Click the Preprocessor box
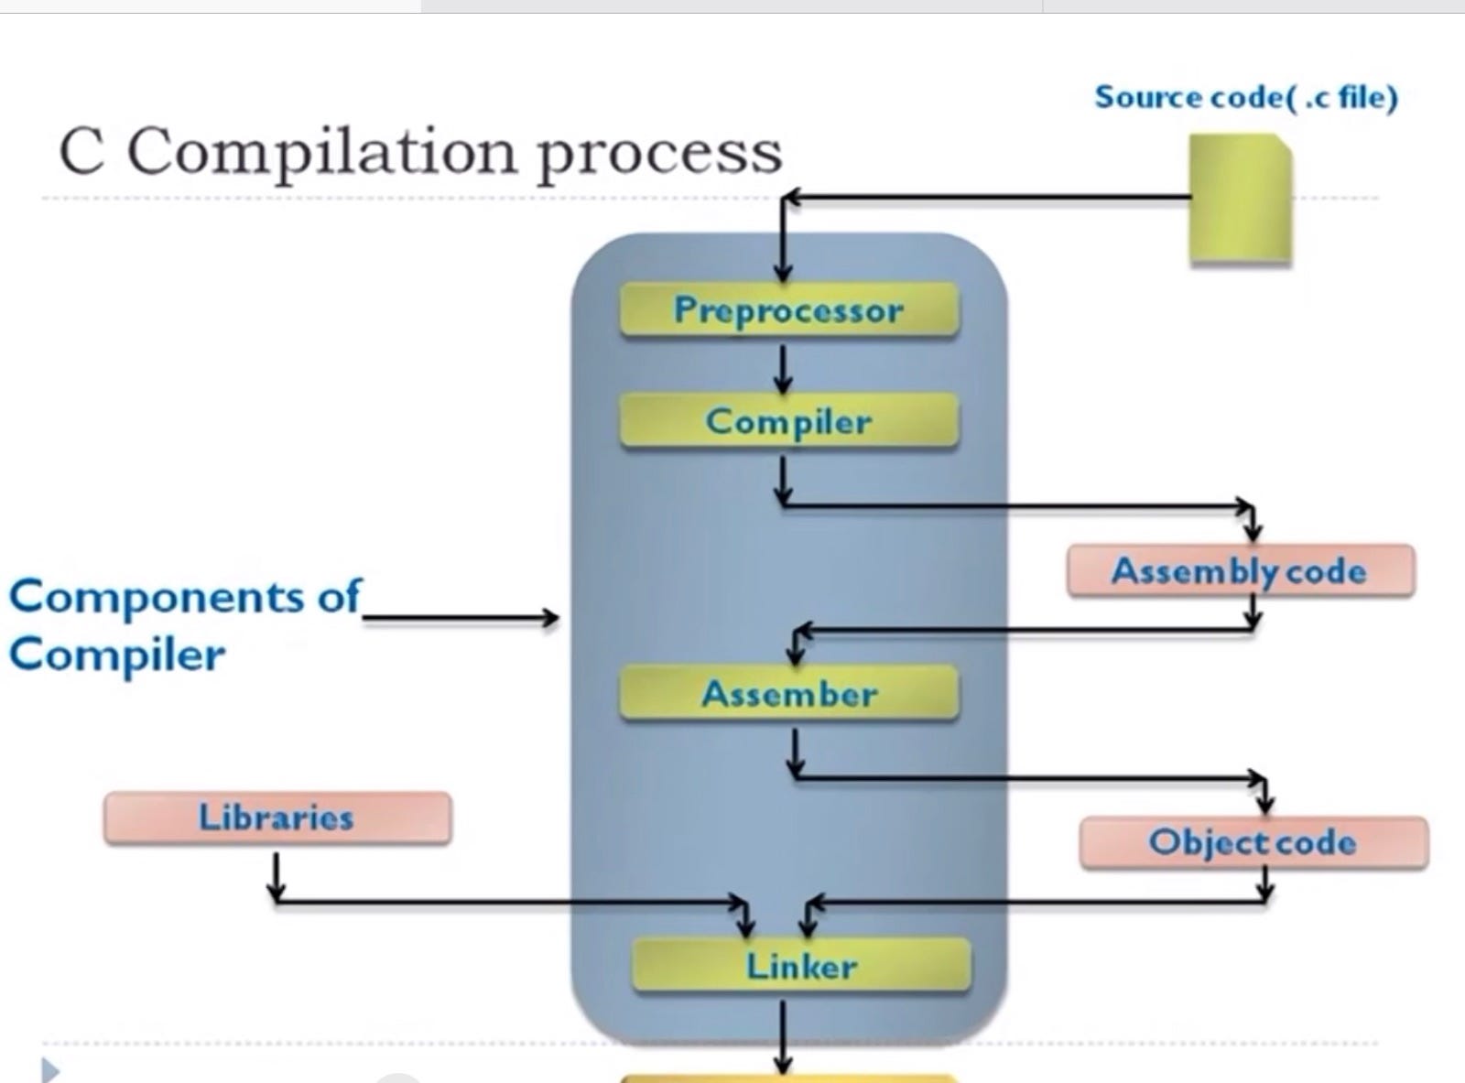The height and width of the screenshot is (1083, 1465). point(788,310)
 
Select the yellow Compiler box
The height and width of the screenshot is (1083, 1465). point(788,421)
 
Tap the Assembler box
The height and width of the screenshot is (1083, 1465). point(788,693)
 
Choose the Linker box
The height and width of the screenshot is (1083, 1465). point(801,966)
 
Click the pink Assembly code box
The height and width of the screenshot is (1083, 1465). point(1240,571)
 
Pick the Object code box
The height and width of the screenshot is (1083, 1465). point(1253,842)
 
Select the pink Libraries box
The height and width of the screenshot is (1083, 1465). point(277,818)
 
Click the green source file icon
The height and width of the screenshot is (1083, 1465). point(1241,200)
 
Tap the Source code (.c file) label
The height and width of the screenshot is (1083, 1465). point(1246,97)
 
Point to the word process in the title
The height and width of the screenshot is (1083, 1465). point(659,154)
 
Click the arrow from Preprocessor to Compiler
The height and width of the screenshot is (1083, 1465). point(783,368)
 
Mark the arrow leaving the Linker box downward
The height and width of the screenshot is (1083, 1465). point(783,1034)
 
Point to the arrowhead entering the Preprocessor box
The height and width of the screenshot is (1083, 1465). point(783,271)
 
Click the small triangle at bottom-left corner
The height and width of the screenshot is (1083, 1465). point(50,1069)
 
